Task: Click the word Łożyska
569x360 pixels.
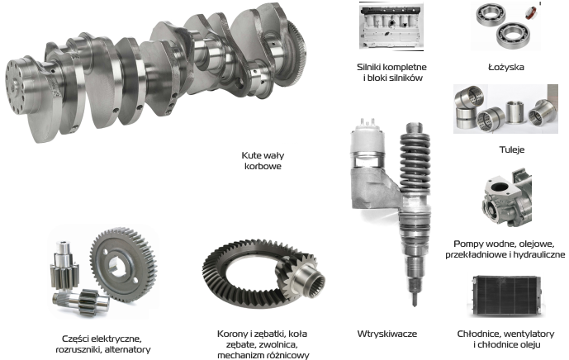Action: click(506, 67)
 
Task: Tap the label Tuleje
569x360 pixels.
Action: click(512, 149)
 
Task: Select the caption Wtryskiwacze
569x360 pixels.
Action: click(387, 334)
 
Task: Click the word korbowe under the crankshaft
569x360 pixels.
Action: click(263, 166)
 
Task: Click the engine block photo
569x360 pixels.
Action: click(391, 26)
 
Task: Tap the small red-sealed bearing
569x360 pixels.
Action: click(531, 12)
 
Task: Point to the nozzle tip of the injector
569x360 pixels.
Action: click(415, 300)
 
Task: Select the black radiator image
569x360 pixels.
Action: click(506, 296)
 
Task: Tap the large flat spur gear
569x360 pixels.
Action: click(123, 265)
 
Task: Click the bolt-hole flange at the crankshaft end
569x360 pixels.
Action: click(15, 86)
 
